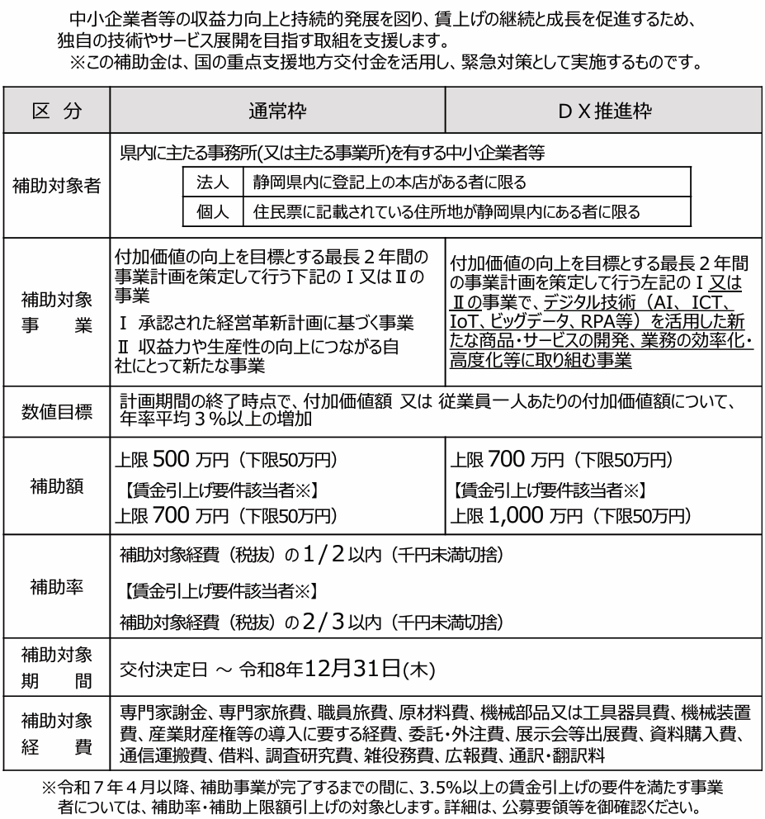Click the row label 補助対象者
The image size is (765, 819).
pos(57,185)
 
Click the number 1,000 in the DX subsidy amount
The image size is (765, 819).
pos(517,515)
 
